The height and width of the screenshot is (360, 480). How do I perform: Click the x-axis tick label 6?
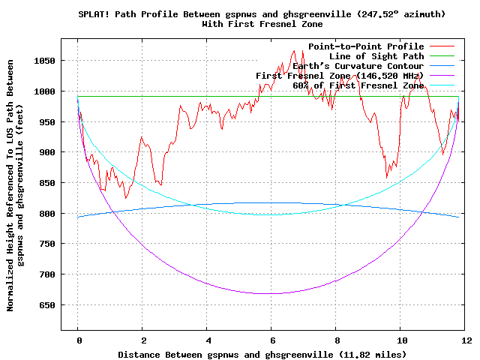(x=271, y=340)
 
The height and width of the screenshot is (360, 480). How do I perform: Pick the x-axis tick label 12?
(x=466, y=340)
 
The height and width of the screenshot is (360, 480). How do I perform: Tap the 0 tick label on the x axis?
(x=77, y=340)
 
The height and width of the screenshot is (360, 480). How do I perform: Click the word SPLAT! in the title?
(x=94, y=14)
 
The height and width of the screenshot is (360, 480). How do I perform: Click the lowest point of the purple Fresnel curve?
(x=271, y=293)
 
